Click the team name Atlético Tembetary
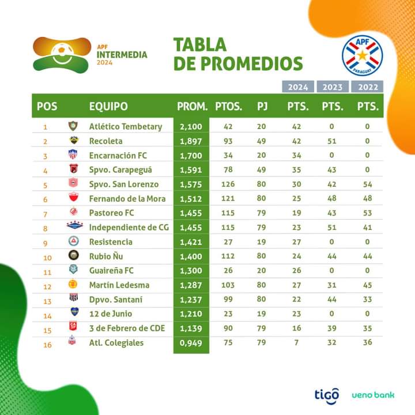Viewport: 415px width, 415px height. [x=126, y=126]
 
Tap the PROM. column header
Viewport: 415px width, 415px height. [x=192, y=107]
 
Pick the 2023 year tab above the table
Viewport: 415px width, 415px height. [x=333, y=88]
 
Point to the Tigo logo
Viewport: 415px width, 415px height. [x=326, y=395]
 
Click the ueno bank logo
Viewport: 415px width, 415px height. [x=373, y=395]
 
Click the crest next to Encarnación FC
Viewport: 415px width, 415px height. [x=73, y=155]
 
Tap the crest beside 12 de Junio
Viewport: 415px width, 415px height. [x=73, y=314]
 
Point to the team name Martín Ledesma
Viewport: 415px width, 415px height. [x=119, y=285]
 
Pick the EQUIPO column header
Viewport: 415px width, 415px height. [x=108, y=107]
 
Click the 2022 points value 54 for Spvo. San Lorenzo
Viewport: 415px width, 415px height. [x=367, y=184]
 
